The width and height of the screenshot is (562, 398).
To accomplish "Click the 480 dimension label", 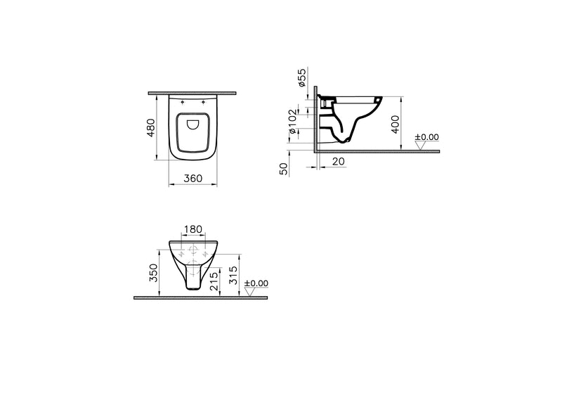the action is [x=151, y=127].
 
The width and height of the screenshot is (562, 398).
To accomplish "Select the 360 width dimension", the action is [x=193, y=178].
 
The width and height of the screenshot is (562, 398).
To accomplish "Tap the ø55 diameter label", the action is [x=302, y=77].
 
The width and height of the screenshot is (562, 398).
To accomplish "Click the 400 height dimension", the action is [x=395, y=124].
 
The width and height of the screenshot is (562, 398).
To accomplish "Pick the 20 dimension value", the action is [x=339, y=162].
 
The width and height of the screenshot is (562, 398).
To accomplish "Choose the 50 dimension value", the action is [x=284, y=169].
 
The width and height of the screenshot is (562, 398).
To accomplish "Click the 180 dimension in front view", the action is [x=193, y=229].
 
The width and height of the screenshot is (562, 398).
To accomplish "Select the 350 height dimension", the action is [x=153, y=273].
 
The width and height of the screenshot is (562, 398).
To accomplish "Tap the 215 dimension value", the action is [x=214, y=281].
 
